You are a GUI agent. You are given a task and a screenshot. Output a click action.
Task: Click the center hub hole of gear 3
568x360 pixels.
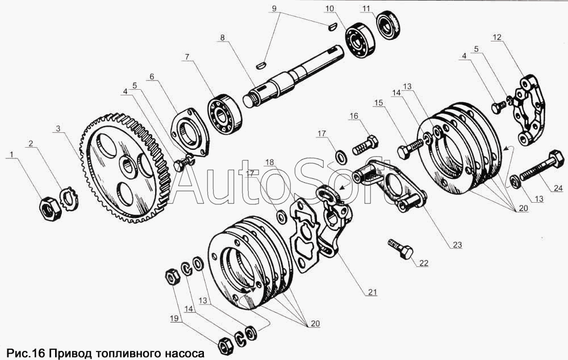click(x=128, y=168)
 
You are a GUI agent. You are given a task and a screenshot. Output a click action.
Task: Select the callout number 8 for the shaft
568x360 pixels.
click(x=222, y=37)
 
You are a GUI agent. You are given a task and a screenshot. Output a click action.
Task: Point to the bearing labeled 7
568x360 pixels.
click(x=224, y=114)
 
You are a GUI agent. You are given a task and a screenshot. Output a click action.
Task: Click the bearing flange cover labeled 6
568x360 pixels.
click(x=190, y=132)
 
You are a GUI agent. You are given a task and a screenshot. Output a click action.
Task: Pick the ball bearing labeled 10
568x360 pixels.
click(x=360, y=40)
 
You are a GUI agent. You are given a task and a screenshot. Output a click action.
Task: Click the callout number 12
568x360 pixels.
click(x=496, y=37)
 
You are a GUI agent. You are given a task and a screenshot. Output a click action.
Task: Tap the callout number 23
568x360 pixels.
click(x=457, y=245)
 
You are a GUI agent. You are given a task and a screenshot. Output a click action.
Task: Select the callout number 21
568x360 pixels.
click(x=373, y=292)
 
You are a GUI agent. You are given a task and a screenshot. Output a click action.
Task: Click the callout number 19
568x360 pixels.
click(x=174, y=319)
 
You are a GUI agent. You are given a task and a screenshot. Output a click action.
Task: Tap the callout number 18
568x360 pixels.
click(x=269, y=162)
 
